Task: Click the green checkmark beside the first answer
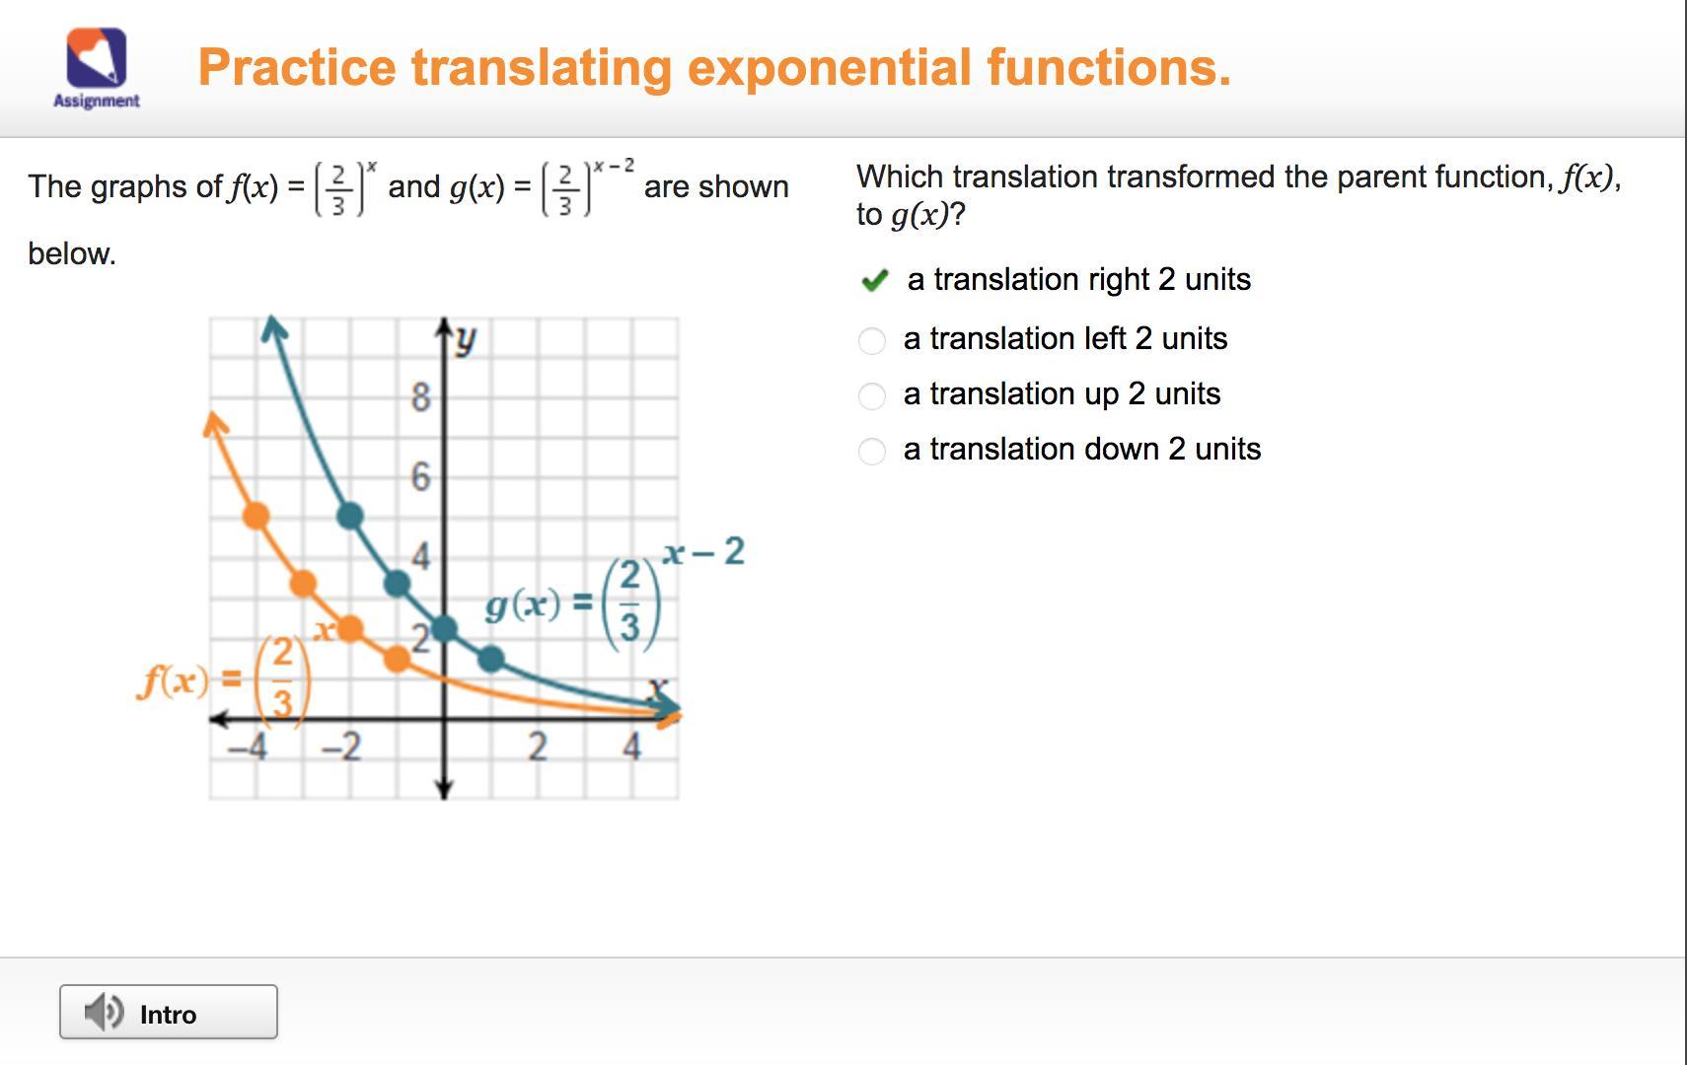(874, 280)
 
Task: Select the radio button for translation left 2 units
(871, 340)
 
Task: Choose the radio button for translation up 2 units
(871, 395)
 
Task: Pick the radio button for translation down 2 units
(871, 451)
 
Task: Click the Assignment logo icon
(97, 57)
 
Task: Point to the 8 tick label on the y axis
(421, 396)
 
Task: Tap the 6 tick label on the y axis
(421, 476)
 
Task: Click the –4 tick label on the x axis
(247, 746)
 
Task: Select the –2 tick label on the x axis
(341, 746)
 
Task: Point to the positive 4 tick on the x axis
(631, 746)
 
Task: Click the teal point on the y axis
(444, 628)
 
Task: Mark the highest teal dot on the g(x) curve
(350, 517)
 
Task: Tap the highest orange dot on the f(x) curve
(257, 517)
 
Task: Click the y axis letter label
(467, 340)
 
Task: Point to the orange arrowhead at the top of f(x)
(215, 423)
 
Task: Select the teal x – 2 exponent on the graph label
(703, 551)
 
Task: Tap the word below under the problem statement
(72, 253)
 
